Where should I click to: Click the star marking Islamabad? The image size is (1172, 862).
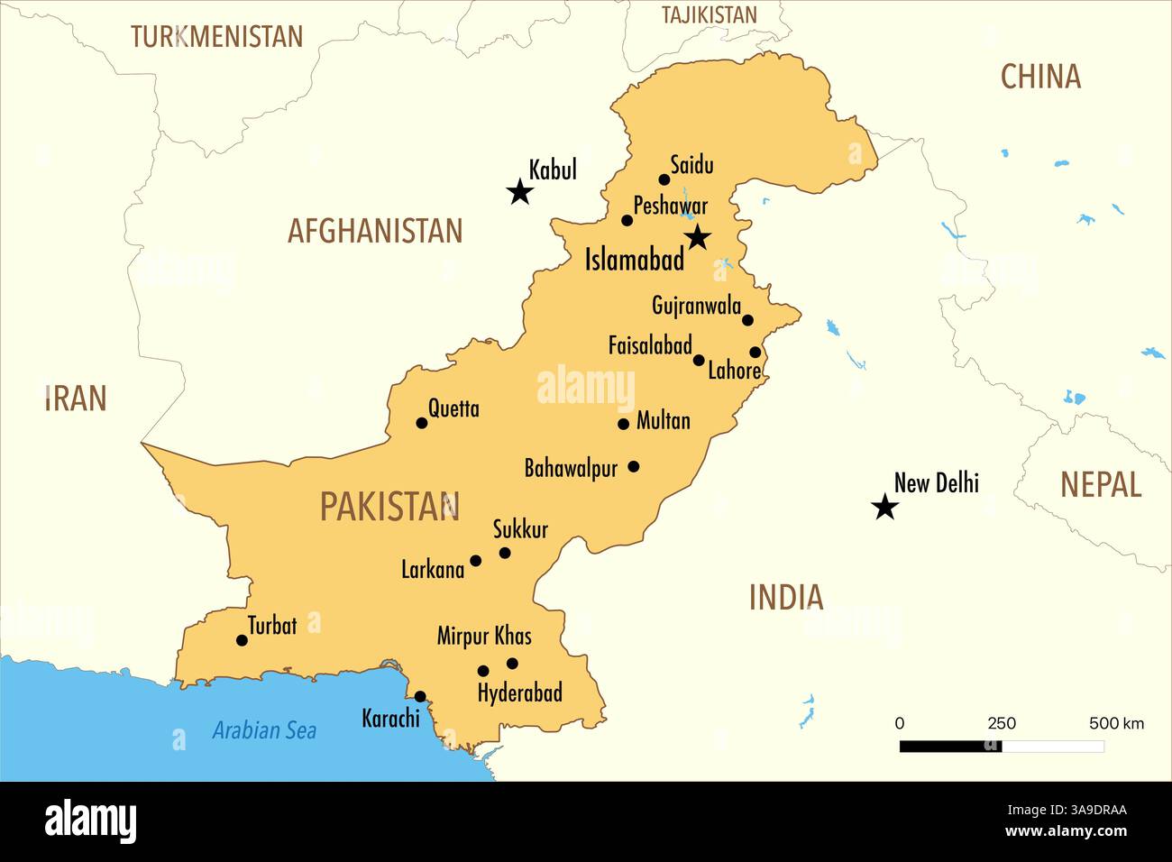coord(698,237)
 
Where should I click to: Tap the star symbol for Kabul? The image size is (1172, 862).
coord(519,191)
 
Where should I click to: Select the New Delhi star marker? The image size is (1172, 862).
coord(885,507)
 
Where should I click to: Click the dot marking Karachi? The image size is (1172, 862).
coord(420,696)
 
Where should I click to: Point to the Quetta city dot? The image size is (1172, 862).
coord(421,422)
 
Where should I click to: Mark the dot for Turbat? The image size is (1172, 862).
coord(242,640)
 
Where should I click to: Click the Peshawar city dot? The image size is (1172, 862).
coord(627,220)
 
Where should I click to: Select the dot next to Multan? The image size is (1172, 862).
coord(623,424)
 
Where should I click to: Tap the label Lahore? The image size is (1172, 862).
coord(734,371)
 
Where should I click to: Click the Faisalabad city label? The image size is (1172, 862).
coord(649,345)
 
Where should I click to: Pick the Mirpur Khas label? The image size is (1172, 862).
coord(484,636)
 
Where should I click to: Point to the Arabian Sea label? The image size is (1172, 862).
coord(264,730)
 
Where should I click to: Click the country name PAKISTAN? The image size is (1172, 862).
coord(389,507)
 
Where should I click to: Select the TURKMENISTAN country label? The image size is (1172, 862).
coord(216,37)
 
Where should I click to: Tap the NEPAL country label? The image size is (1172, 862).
coord(1100,485)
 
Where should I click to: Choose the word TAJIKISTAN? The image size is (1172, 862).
coord(709,14)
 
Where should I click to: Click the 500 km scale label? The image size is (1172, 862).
coord(1116,723)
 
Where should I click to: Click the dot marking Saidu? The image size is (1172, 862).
coord(664,179)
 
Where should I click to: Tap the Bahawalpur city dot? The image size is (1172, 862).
coord(634,466)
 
